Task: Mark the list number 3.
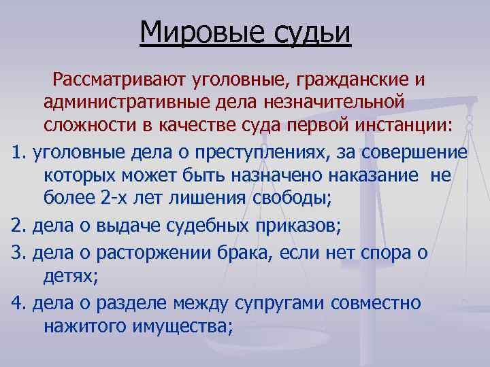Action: point(17,254)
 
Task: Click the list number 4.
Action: point(17,303)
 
